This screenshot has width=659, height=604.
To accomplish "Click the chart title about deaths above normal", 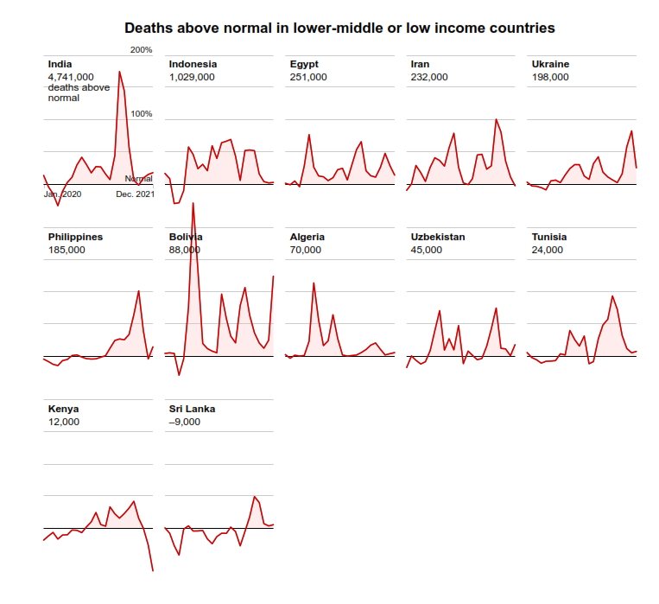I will (x=339, y=29).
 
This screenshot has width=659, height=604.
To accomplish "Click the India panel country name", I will (x=60, y=64).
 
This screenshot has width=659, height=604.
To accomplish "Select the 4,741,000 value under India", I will (x=71, y=77).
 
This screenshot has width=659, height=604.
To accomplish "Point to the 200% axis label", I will (x=142, y=50).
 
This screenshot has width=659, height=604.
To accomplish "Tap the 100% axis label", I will (x=142, y=114).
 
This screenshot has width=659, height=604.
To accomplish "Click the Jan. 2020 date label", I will (x=62, y=194).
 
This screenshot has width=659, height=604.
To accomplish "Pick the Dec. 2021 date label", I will (x=135, y=194).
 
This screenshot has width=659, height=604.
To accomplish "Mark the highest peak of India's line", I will (x=119, y=72).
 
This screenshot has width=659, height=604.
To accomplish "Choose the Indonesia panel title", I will (x=193, y=64).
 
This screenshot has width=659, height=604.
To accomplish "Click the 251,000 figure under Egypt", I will (x=308, y=77).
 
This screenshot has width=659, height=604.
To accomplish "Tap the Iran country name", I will (x=420, y=64).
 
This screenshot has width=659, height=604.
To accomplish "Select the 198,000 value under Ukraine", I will (x=550, y=77).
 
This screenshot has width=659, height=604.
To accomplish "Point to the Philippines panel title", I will (x=75, y=237).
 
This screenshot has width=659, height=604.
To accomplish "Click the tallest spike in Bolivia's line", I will (x=193, y=204).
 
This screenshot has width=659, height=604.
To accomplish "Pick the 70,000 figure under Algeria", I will (x=306, y=250).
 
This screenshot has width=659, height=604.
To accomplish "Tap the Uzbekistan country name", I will (x=438, y=237).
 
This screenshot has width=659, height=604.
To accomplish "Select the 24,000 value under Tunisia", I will (x=548, y=250).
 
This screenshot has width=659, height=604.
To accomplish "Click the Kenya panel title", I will (x=63, y=409).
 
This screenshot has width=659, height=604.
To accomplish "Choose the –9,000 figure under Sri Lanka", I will (x=185, y=422).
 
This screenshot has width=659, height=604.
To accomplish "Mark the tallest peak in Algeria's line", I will (x=314, y=283).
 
